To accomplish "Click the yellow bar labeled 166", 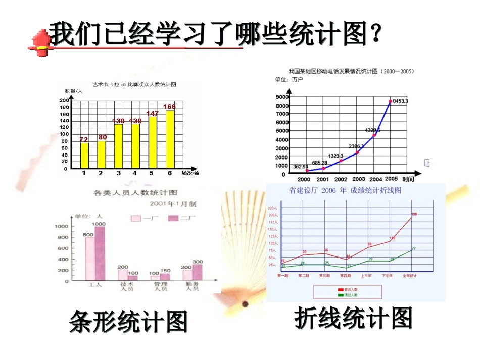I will click(x=170, y=139).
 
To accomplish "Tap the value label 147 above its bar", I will click(x=153, y=114).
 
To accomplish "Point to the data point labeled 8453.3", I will click(x=390, y=101).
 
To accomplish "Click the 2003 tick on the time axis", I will click(x=358, y=179).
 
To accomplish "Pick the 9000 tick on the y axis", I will click(x=282, y=96).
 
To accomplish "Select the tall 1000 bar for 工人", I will click(x=100, y=253).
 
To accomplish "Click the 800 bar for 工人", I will click(x=89, y=259).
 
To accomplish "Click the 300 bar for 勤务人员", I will click(x=197, y=272).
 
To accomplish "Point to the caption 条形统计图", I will click(x=128, y=322).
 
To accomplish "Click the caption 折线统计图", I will click(x=354, y=319).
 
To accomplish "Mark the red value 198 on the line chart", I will click(x=414, y=214).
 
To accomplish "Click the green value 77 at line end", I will click(x=413, y=248).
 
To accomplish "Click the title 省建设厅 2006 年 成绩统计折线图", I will click(x=345, y=191).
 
